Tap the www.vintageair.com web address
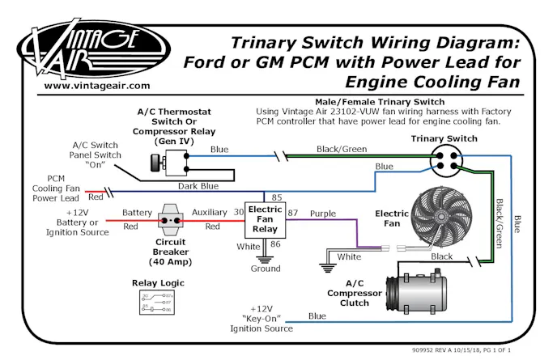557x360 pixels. point(96,85)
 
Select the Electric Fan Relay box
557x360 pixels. point(264,219)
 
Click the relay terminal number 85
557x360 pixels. point(276,197)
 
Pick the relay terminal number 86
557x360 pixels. point(276,243)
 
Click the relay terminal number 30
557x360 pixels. point(239,212)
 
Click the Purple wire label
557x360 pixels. point(322,213)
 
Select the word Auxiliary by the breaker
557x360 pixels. point(210,213)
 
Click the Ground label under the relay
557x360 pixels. point(264,269)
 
